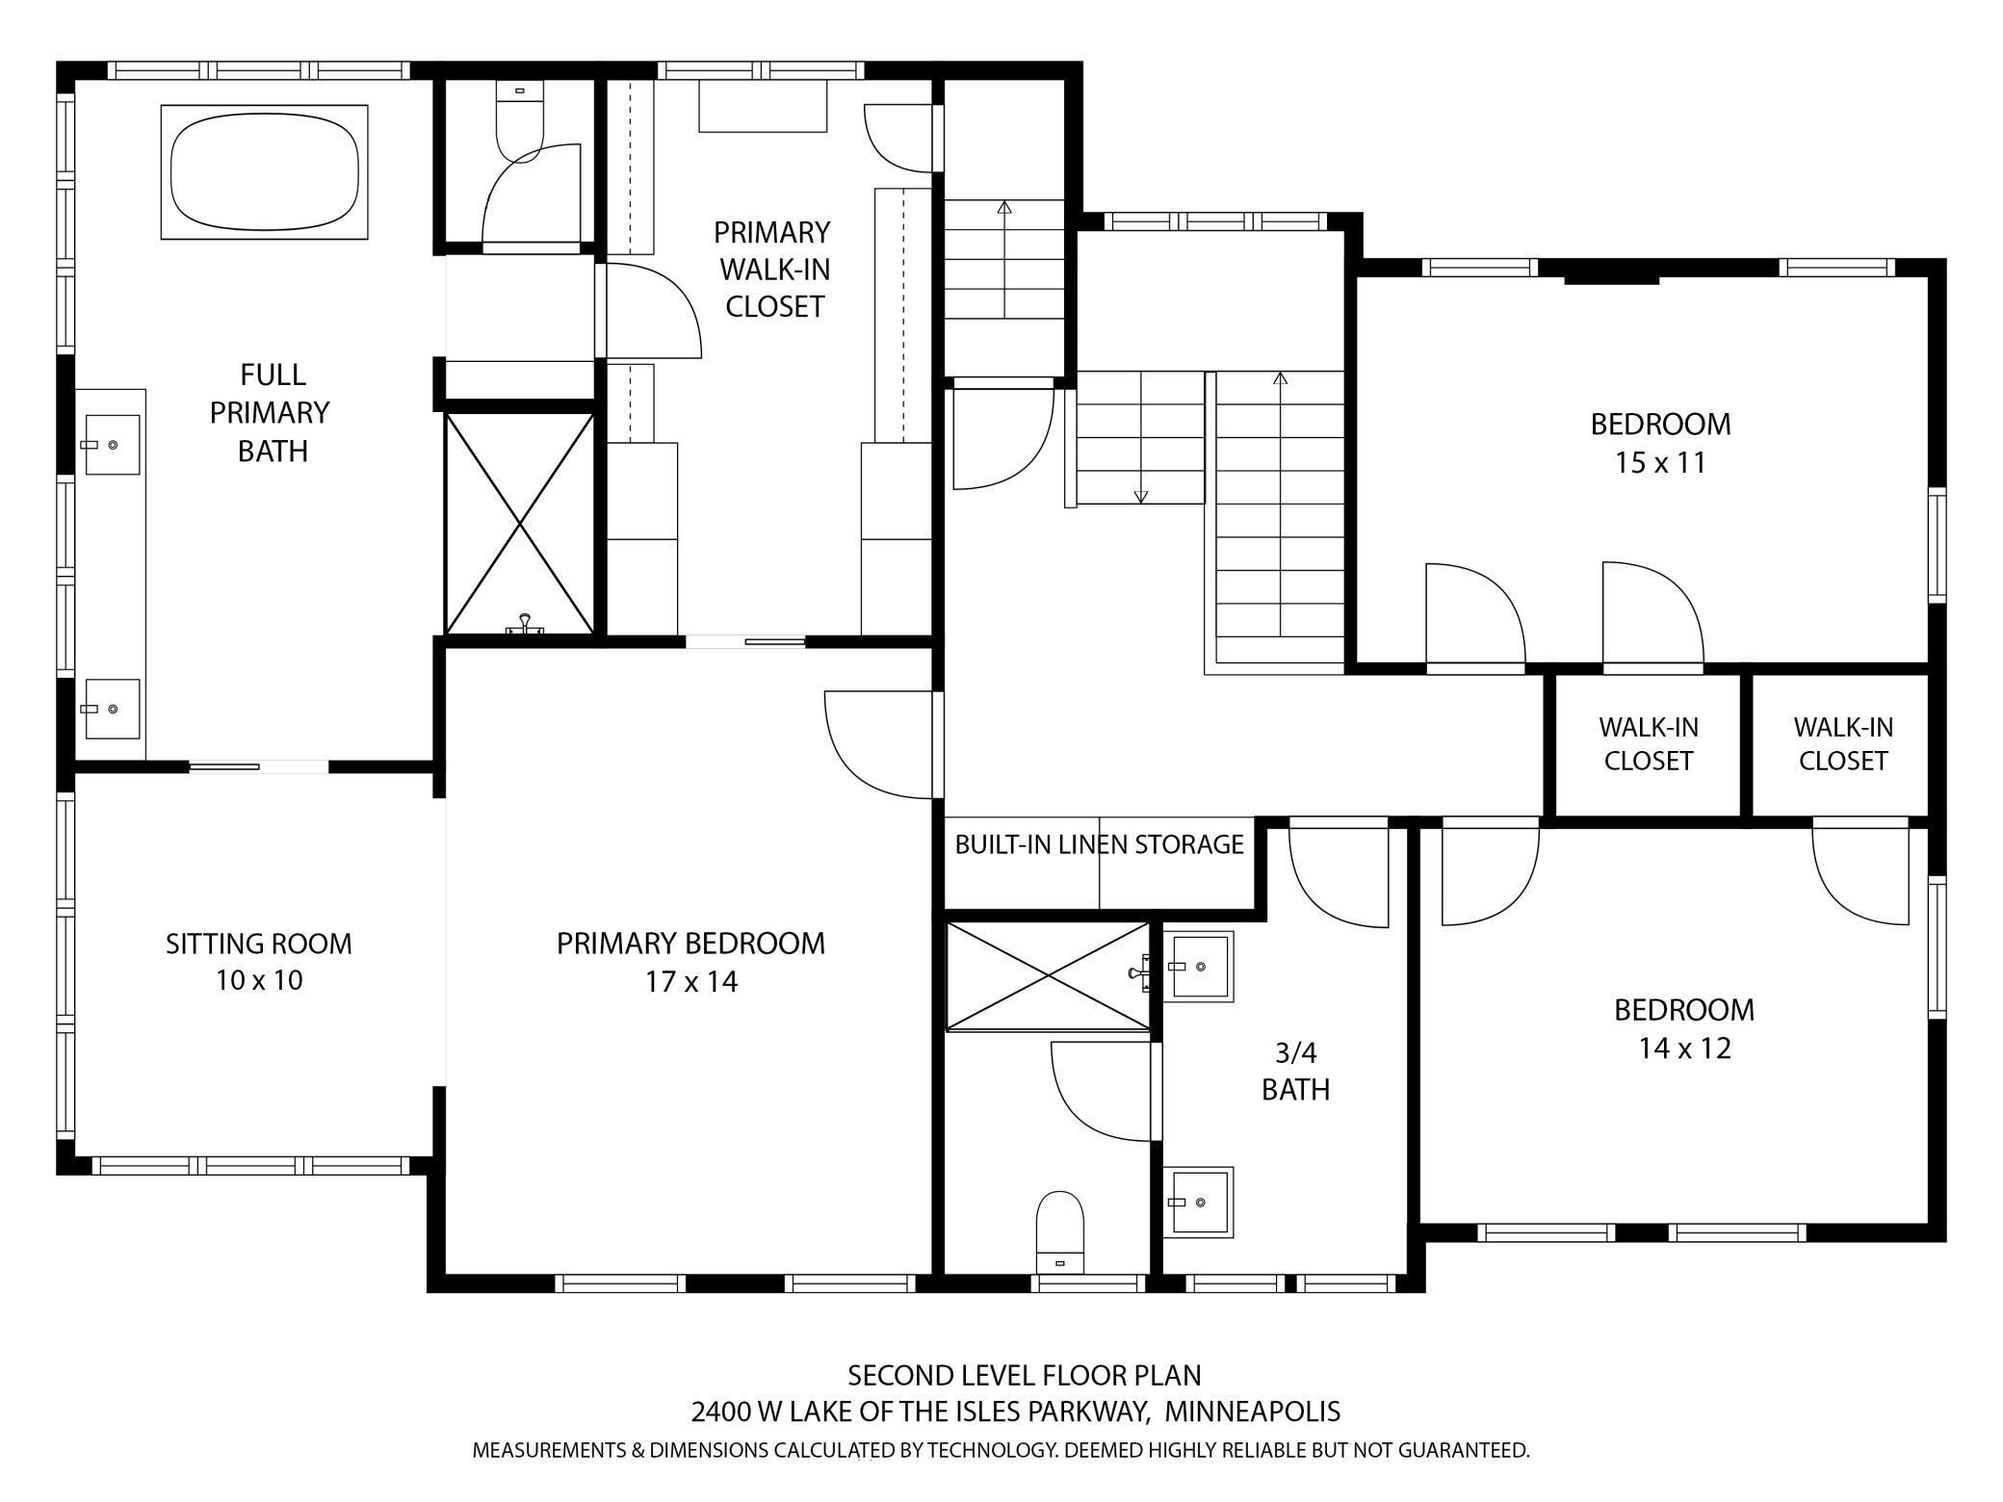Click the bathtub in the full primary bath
[264, 172]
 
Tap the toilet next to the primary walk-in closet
[520, 120]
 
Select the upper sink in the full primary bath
[112, 445]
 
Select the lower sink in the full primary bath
[112, 709]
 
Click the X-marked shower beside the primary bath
[520, 524]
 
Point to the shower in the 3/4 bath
[1048, 976]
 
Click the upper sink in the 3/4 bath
[1198, 966]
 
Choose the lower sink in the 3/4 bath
[1198, 1202]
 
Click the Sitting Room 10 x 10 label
[259, 961]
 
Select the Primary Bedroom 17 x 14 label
[690, 961]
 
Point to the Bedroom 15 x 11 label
[1660, 443]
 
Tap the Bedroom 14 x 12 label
[1684, 1028]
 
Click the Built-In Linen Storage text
[1099, 844]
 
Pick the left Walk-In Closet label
[1648, 743]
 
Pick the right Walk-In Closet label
[1842, 743]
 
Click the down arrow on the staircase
[1141, 495]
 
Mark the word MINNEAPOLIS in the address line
[1252, 1411]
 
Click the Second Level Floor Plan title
[1024, 1374]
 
